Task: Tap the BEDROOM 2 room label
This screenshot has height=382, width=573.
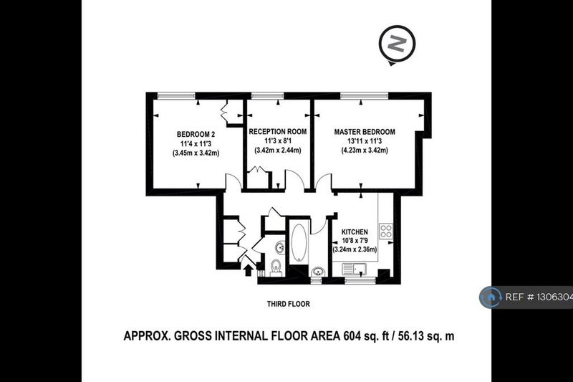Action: pyautogui.click(x=196, y=134)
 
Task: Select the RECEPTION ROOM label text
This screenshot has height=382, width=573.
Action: pyautogui.click(x=278, y=132)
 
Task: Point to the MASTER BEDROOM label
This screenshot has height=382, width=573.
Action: pyautogui.click(x=365, y=132)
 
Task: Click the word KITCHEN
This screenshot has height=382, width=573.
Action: pyautogui.click(x=355, y=231)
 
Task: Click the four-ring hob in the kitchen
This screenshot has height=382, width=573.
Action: pyautogui.click(x=386, y=231)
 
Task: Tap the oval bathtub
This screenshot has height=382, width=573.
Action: pyautogui.click(x=299, y=242)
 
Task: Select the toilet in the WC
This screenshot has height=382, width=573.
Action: pyautogui.click(x=276, y=267)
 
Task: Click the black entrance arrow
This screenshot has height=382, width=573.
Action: pyautogui.click(x=248, y=270)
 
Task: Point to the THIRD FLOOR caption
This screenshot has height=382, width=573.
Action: pyautogui.click(x=289, y=304)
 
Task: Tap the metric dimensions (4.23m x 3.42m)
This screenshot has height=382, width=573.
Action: pyautogui.click(x=365, y=151)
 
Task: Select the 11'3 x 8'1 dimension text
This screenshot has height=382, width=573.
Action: pyautogui.click(x=278, y=141)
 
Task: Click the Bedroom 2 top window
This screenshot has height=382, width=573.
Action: pyautogui.click(x=176, y=96)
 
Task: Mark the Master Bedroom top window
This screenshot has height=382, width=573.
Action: pyautogui.click(x=365, y=96)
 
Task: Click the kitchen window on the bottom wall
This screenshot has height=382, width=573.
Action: pyautogui.click(x=360, y=280)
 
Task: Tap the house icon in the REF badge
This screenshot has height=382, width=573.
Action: pyautogui.click(x=490, y=297)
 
